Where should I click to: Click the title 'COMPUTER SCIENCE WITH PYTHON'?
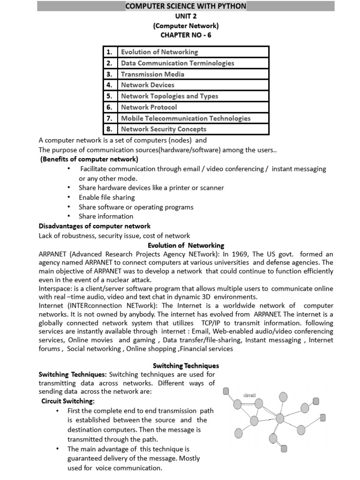(x=185, y=6)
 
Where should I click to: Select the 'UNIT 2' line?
(x=186, y=16)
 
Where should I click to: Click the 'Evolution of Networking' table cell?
(x=159, y=52)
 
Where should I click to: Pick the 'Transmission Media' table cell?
(x=152, y=74)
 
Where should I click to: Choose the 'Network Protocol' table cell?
(x=149, y=107)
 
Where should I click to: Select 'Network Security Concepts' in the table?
(x=164, y=129)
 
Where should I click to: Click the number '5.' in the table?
(x=110, y=96)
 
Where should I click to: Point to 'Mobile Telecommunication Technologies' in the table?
(x=186, y=118)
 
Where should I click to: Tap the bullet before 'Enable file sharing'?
(x=69, y=197)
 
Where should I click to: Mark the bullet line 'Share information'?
(x=106, y=216)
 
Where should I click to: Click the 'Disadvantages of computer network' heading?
(x=94, y=226)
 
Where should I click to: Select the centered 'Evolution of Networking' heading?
(x=186, y=245)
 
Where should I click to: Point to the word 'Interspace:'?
(x=55, y=288)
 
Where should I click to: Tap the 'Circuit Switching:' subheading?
(x=68, y=401)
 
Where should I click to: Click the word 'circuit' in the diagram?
(x=249, y=395)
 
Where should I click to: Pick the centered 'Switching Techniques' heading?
(x=186, y=365)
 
